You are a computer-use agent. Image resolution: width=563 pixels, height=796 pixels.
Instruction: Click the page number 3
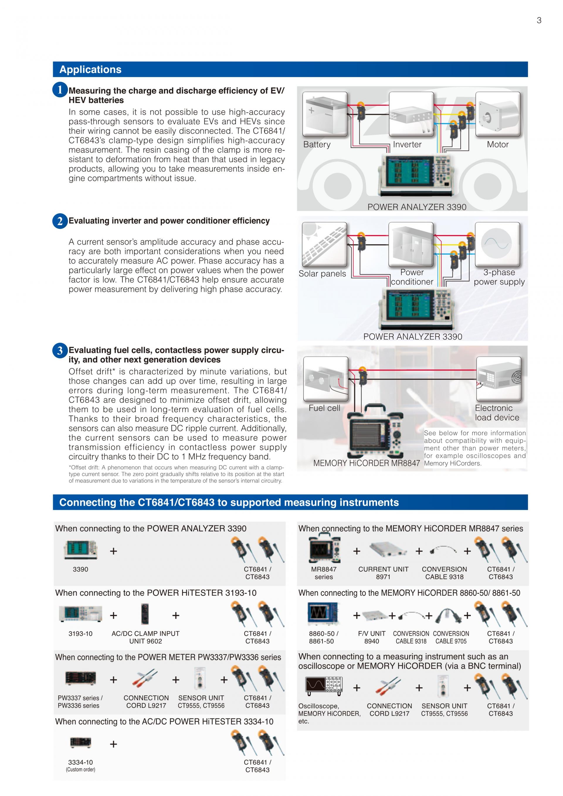coord(539,21)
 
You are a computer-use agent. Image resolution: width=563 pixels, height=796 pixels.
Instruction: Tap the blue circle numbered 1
coord(60,90)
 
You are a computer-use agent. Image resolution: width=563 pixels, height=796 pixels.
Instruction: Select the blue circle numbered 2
coord(60,221)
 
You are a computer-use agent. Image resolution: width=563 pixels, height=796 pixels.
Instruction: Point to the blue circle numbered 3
coord(60,350)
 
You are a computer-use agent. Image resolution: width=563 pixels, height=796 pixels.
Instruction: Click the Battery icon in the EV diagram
coord(325,114)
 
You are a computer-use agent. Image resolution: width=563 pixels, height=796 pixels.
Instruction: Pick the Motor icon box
coord(498,114)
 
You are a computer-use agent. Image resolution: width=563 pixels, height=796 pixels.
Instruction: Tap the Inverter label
coord(407,145)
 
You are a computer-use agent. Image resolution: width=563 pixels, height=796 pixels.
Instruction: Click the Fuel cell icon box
coord(325,379)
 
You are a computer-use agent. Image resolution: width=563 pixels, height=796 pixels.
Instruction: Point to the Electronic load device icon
coord(498,379)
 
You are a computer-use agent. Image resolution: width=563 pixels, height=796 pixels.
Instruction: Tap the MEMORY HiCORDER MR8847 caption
coord(367,463)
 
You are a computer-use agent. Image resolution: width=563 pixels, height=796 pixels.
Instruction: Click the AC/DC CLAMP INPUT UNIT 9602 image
coord(145,615)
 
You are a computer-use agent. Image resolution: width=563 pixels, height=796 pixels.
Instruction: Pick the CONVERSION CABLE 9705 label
coord(451,637)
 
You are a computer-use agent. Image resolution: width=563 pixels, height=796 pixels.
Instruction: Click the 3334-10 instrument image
coord(80,742)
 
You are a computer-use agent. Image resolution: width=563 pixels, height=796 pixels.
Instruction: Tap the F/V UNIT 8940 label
coord(372,637)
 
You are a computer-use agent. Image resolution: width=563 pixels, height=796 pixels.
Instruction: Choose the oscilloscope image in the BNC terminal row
coord(324,686)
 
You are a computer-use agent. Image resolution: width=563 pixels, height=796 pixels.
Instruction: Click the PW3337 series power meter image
coord(80,678)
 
